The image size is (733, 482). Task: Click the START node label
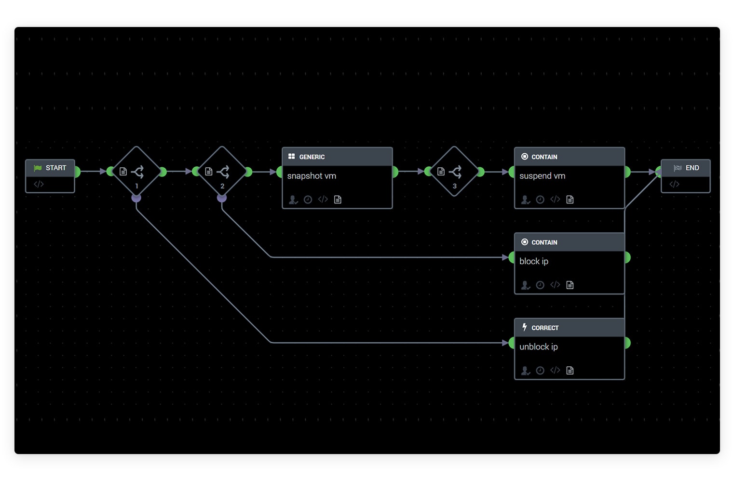click(55, 168)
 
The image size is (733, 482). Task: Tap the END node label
click(692, 168)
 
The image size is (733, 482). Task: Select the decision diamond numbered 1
click(136, 172)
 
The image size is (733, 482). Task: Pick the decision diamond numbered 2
click(222, 172)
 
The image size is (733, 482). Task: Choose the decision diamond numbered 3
click(454, 172)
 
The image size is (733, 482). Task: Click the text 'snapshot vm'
click(312, 176)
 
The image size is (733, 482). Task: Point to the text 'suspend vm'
click(542, 176)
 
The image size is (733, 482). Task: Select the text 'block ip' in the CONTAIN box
click(534, 261)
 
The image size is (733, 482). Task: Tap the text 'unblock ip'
click(538, 347)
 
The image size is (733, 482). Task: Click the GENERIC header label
click(312, 157)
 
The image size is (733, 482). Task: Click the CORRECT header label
click(545, 328)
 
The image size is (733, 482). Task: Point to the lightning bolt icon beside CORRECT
click(525, 327)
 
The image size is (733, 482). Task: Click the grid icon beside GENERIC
click(291, 157)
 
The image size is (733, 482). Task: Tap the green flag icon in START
click(38, 168)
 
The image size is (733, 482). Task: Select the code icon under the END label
click(674, 184)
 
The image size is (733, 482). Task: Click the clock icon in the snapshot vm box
click(308, 200)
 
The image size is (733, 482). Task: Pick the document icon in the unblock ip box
click(570, 370)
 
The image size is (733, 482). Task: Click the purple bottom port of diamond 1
click(136, 198)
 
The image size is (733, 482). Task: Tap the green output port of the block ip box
click(626, 257)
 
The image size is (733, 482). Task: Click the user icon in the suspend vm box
click(525, 200)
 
